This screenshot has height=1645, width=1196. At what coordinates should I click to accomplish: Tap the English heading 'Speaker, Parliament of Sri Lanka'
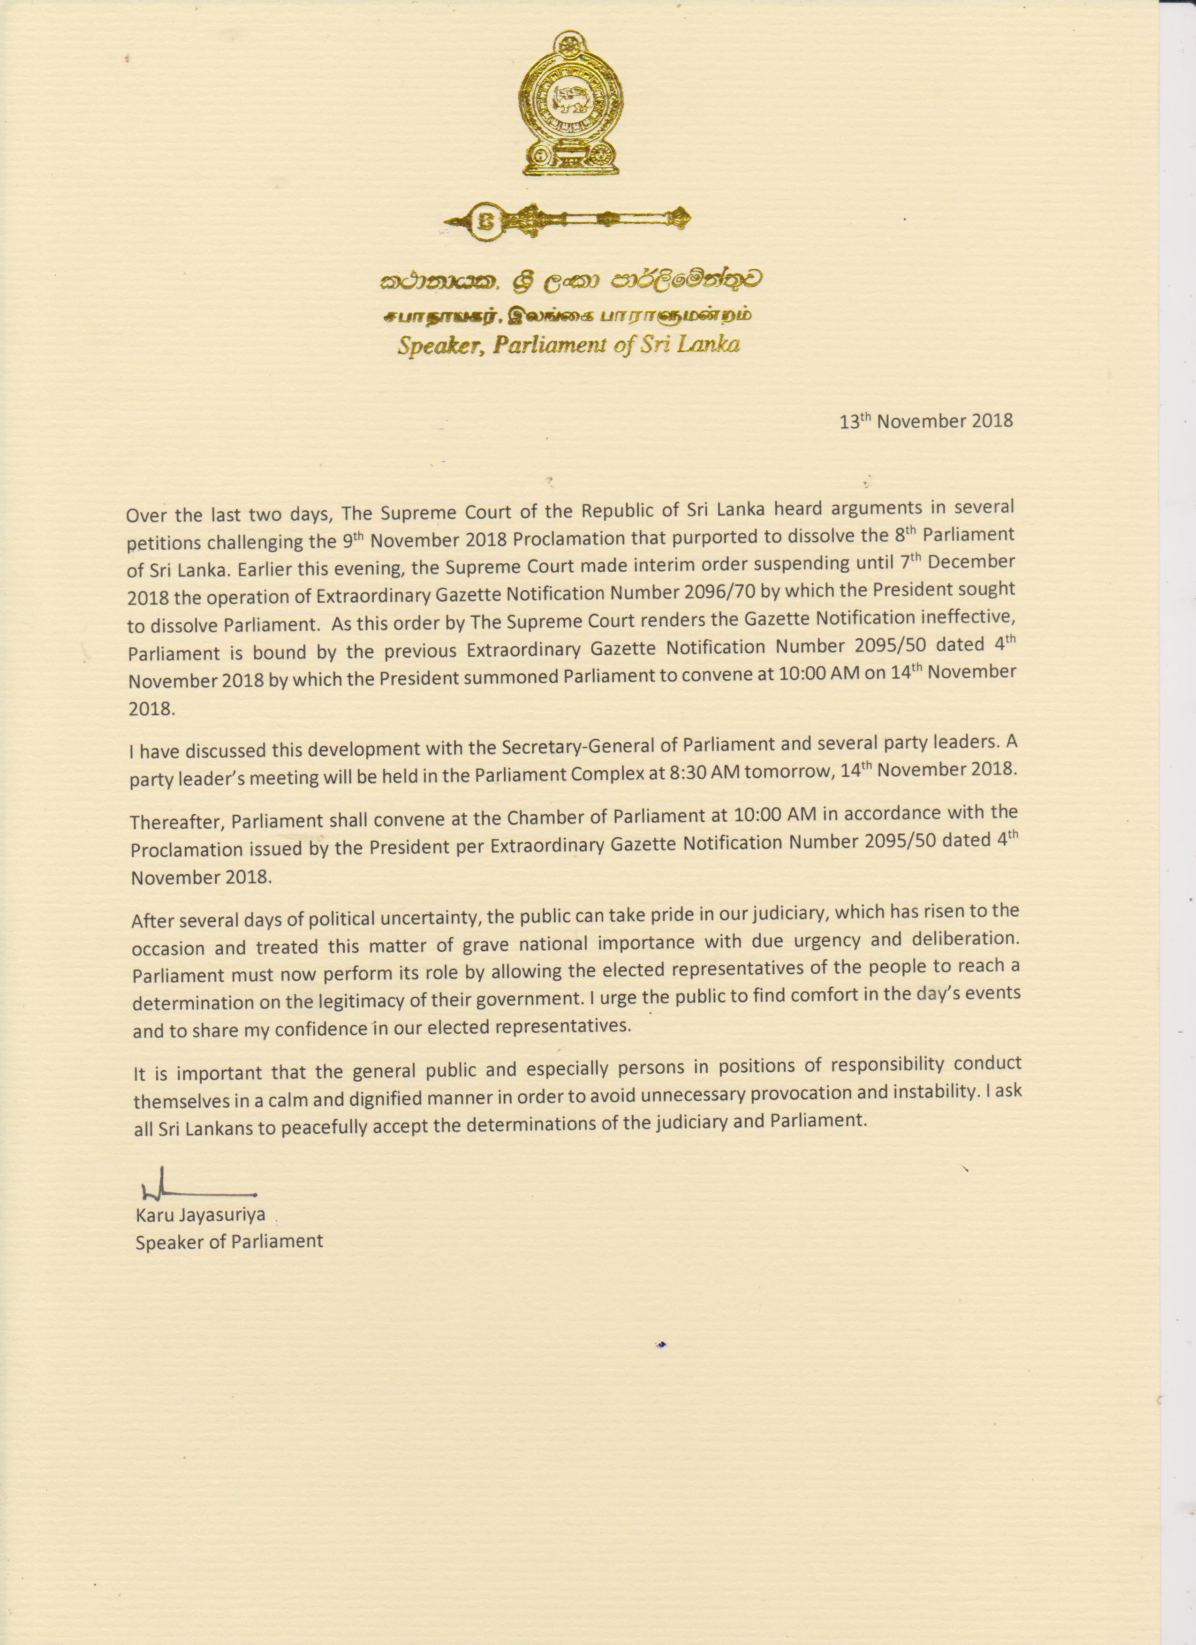pos(568,344)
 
